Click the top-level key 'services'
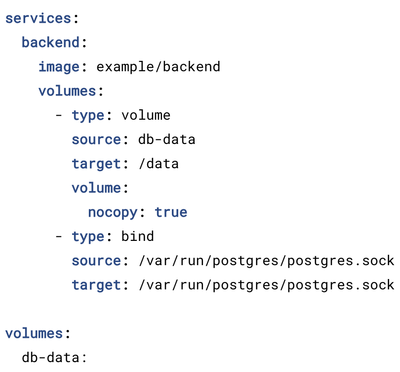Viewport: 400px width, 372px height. (38, 18)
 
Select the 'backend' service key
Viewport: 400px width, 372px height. (50, 42)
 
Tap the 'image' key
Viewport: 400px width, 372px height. (59, 67)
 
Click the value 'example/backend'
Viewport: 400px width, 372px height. (158, 67)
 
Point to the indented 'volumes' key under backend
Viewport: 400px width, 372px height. (67, 91)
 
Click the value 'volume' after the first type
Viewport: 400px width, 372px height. (146, 115)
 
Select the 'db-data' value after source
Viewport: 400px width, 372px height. (166, 139)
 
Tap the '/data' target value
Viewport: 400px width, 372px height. (159, 164)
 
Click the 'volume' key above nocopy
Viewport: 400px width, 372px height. (96, 188)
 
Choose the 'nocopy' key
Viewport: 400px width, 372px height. (113, 213)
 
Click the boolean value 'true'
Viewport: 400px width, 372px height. (171, 212)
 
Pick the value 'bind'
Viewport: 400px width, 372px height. (137, 236)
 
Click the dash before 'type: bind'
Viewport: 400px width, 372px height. (59, 237)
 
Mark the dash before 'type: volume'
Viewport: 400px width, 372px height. (59, 116)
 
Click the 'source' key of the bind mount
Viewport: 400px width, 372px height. (96, 261)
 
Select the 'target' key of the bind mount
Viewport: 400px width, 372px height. (96, 285)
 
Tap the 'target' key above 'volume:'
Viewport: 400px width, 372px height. (96, 164)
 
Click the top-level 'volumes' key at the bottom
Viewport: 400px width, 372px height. (34, 333)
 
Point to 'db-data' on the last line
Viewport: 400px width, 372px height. (50, 358)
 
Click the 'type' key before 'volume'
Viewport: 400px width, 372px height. (88, 115)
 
